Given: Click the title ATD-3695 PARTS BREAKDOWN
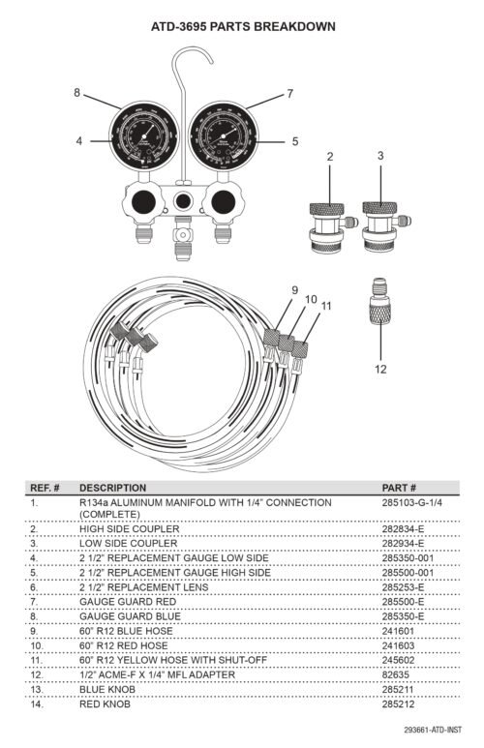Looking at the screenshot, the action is point(243,27).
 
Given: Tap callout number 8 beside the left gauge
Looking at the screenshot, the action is point(76,93).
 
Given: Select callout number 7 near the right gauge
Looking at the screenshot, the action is point(289,94).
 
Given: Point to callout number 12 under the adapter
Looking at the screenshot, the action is point(380,369).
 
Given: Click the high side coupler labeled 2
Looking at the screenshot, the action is point(330,227).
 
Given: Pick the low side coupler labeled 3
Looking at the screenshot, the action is point(383,226).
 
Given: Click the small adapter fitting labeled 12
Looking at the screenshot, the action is point(380,302).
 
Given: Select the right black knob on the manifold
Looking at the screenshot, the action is point(223,202).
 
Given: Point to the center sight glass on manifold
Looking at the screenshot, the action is point(183,201).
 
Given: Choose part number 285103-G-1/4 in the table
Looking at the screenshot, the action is point(412,503).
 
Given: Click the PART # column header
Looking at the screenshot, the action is point(399,488).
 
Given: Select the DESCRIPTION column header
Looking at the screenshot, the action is point(112,488).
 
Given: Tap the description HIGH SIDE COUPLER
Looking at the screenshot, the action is point(130,529).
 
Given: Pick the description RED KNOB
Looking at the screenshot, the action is point(105,704).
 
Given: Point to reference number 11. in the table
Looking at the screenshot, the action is point(36,660).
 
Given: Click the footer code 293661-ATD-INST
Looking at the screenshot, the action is point(433,730).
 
